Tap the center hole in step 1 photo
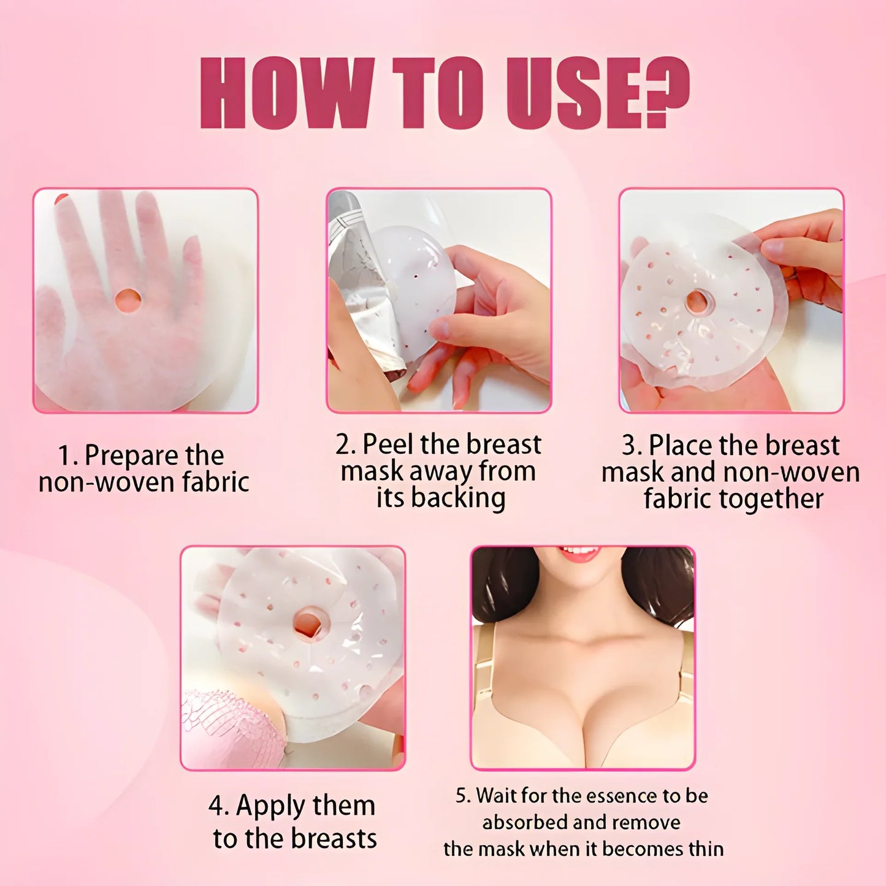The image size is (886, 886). pos(128,300)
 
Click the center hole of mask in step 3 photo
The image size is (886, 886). pos(698,302)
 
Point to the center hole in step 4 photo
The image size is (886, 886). pos(309,623)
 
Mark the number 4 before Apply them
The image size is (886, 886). pos(216,806)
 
